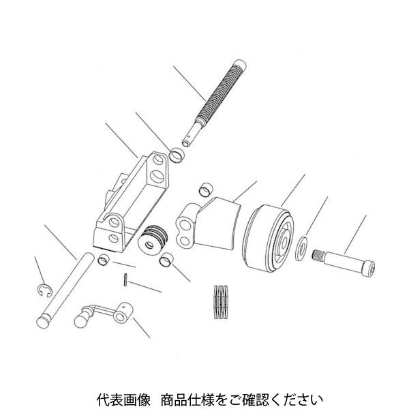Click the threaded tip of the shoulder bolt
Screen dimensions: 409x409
click(x=318, y=256)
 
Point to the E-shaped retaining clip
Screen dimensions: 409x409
click(x=43, y=292)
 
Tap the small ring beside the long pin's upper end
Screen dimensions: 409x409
click(x=102, y=258)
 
